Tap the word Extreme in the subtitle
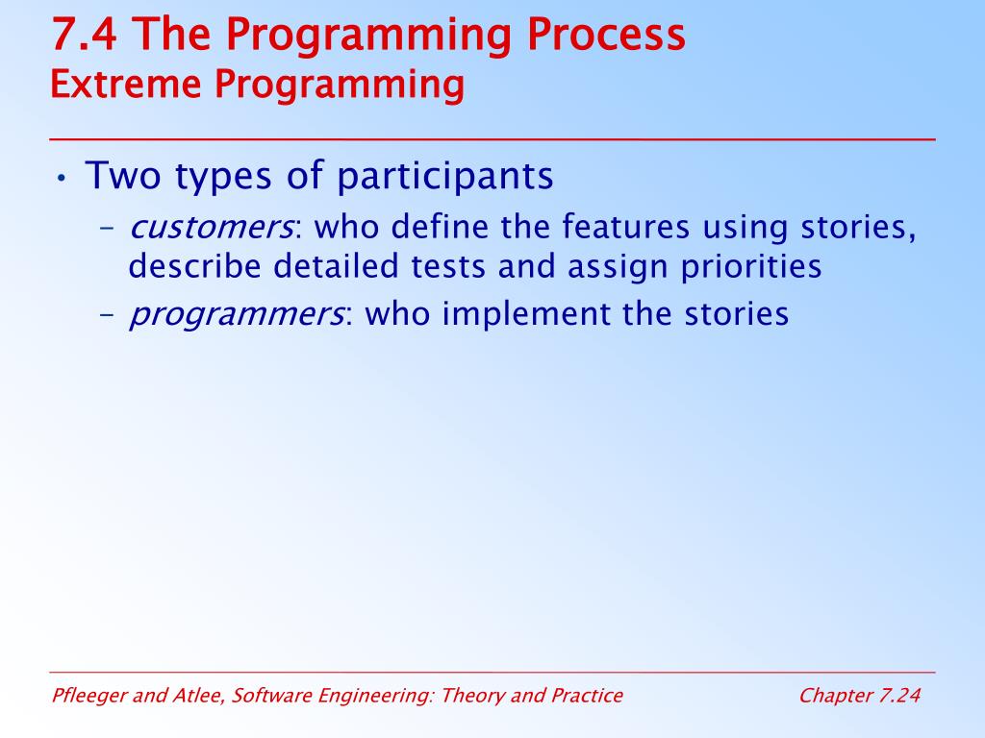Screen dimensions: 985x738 pyautogui.click(x=126, y=84)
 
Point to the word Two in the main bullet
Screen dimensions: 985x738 pyautogui.click(x=123, y=175)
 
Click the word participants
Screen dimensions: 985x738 pyautogui.click(x=444, y=177)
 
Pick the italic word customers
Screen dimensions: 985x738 pyautogui.click(x=211, y=227)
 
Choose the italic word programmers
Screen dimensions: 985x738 pyautogui.click(x=237, y=314)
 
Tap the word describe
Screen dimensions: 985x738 pyautogui.click(x=194, y=266)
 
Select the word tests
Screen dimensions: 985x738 pyautogui.click(x=448, y=267)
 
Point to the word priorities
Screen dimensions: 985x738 pyautogui.click(x=751, y=267)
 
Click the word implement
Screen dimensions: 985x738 pyautogui.click(x=526, y=314)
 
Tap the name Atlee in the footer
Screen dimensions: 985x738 pyautogui.click(x=197, y=696)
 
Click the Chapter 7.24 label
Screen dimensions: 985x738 pyautogui.click(x=859, y=696)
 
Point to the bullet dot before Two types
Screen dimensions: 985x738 pyautogui.click(x=61, y=178)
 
